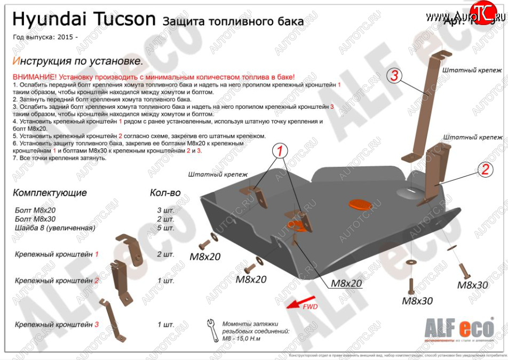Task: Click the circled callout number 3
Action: pyautogui.click(x=394, y=76)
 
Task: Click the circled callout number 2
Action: pyautogui.click(x=485, y=170)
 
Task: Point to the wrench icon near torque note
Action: pyautogui.click(x=212, y=326)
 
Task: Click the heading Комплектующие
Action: pyautogui.click(x=50, y=193)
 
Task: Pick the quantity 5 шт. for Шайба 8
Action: pyautogui.click(x=165, y=228)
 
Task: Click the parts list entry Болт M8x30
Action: pyautogui.click(x=35, y=219)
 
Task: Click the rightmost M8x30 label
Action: pyautogui.click(x=472, y=285)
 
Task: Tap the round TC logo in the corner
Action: pyautogui.click(x=482, y=11)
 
